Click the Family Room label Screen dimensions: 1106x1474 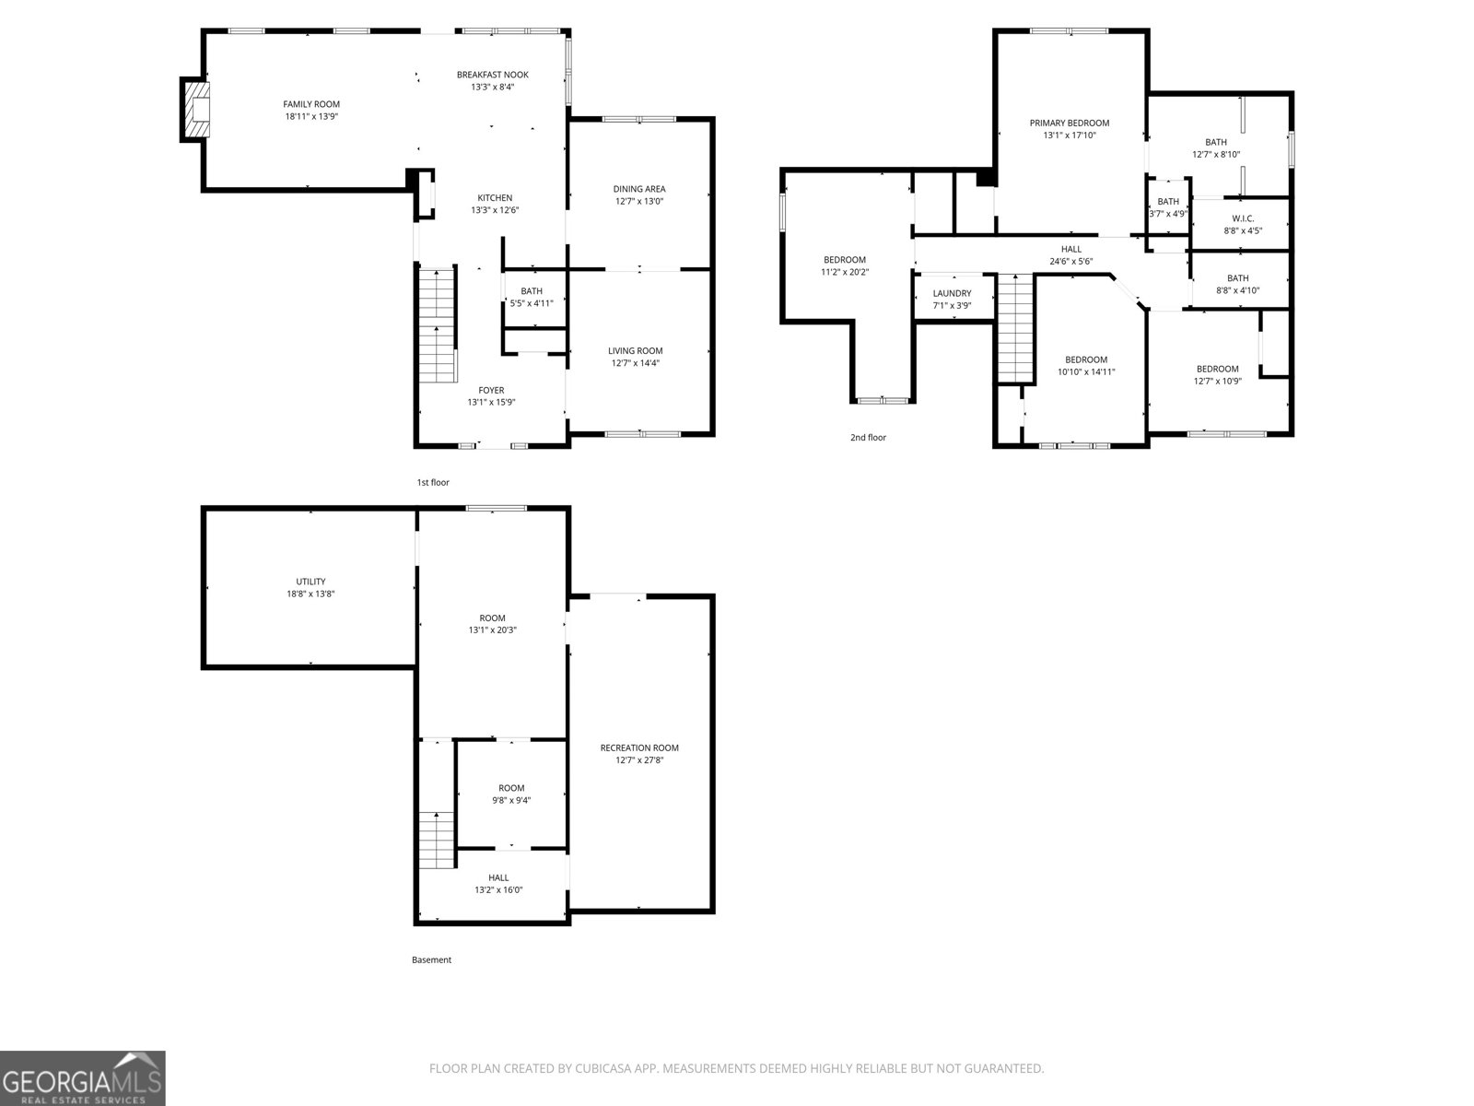[311, 105]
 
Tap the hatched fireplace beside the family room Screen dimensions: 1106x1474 [196, 111]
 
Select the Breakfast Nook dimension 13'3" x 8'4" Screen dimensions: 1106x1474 [493, 88]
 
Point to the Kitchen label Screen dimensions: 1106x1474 [495, 198]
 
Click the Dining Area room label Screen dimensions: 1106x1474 [639, 190]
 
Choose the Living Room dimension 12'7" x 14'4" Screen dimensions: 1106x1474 [636, 363]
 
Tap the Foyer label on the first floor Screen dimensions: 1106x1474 [491, 390]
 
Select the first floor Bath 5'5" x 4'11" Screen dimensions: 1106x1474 [532, 297]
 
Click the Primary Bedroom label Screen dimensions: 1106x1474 [1070, 124]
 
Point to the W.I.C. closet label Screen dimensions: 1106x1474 [1243, 218]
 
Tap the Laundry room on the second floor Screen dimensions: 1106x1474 [952, 299]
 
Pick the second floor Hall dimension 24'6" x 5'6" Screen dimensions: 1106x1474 [1071, 262]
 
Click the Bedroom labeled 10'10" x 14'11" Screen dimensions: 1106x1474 [1086, 366]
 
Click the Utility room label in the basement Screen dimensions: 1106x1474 [310, 582]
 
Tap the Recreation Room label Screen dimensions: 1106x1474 [639, 747]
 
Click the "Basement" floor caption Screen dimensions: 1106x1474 [431, 959]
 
